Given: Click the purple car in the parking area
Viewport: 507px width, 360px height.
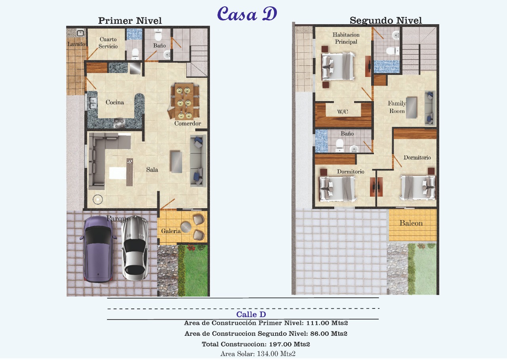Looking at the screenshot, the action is pos(98,249).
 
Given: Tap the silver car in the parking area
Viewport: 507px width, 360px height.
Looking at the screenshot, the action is pos(135,248).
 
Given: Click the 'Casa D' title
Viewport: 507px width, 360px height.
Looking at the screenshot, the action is pos(247,13).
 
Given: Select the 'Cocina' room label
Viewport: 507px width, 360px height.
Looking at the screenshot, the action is pos(115,102).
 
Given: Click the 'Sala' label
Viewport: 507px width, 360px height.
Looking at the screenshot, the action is pos(152,169).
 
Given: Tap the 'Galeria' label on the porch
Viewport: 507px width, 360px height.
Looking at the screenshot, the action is pos(171,231).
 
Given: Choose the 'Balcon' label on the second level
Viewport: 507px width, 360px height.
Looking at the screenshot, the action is pos(411,223).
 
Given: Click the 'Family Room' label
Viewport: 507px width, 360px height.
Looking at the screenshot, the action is pos(397,107).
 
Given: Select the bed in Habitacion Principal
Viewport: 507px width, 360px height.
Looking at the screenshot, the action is pos(338,66).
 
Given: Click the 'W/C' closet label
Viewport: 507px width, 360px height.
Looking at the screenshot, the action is pos(343,112).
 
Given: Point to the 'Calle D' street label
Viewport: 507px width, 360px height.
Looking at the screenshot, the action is pos(251,314).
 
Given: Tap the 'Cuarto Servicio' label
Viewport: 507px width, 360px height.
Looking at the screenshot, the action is pos(108,43).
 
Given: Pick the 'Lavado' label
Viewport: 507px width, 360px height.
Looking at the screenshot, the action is pos(76,44).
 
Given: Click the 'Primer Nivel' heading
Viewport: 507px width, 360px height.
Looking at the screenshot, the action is pos(130,21).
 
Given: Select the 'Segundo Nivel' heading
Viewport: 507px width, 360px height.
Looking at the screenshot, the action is pos(386,20).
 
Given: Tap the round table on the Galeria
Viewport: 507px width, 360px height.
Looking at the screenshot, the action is pos(186,227).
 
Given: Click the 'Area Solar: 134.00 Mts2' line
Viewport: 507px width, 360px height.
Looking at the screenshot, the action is pos(258,354).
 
